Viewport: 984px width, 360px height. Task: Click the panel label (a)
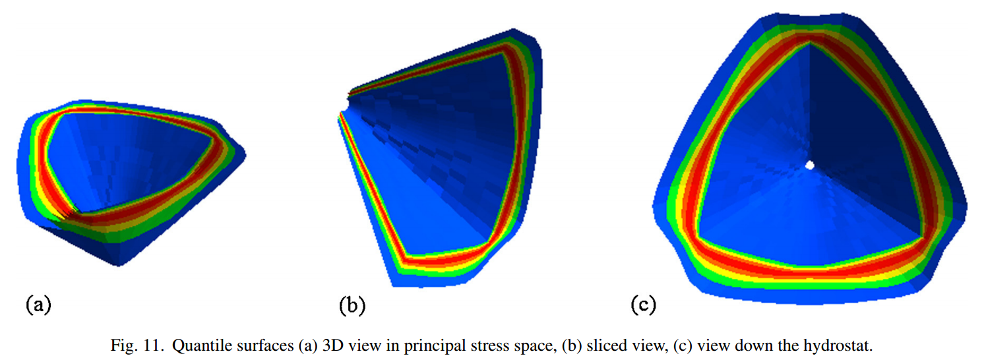[x=38, y=304]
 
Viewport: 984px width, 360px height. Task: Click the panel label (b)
[x=352, y=305]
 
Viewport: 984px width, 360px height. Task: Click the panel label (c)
[x=642, y=304]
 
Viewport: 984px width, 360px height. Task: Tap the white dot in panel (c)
[x=811, y=165]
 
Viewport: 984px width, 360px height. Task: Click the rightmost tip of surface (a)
[x=245, y=156]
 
